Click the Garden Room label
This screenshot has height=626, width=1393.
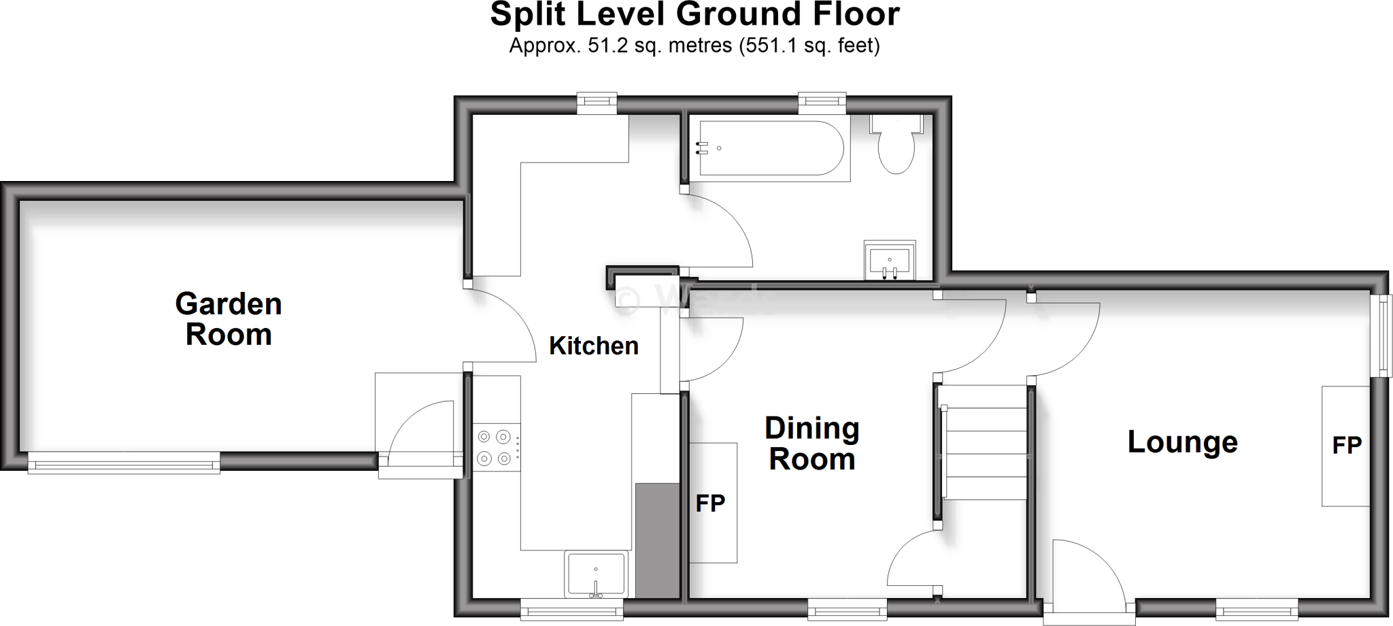[229, 319]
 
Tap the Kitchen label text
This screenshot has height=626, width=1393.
[594, 346]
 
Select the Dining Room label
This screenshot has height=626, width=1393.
[812, 444]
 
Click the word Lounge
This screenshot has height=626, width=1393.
[1182, 442]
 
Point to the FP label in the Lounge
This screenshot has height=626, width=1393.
[1347, 446]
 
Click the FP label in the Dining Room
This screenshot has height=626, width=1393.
[710, 504]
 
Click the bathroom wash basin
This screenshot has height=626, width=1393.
[889, 261]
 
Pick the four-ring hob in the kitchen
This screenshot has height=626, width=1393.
[494, 447]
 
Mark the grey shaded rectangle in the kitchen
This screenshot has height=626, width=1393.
[657, 540]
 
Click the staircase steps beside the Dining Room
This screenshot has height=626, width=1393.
[984, 452]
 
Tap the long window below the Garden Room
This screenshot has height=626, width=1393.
[124, 465]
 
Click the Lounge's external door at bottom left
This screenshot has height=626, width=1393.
[1088, 578]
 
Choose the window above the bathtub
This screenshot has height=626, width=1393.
[822, 103]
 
